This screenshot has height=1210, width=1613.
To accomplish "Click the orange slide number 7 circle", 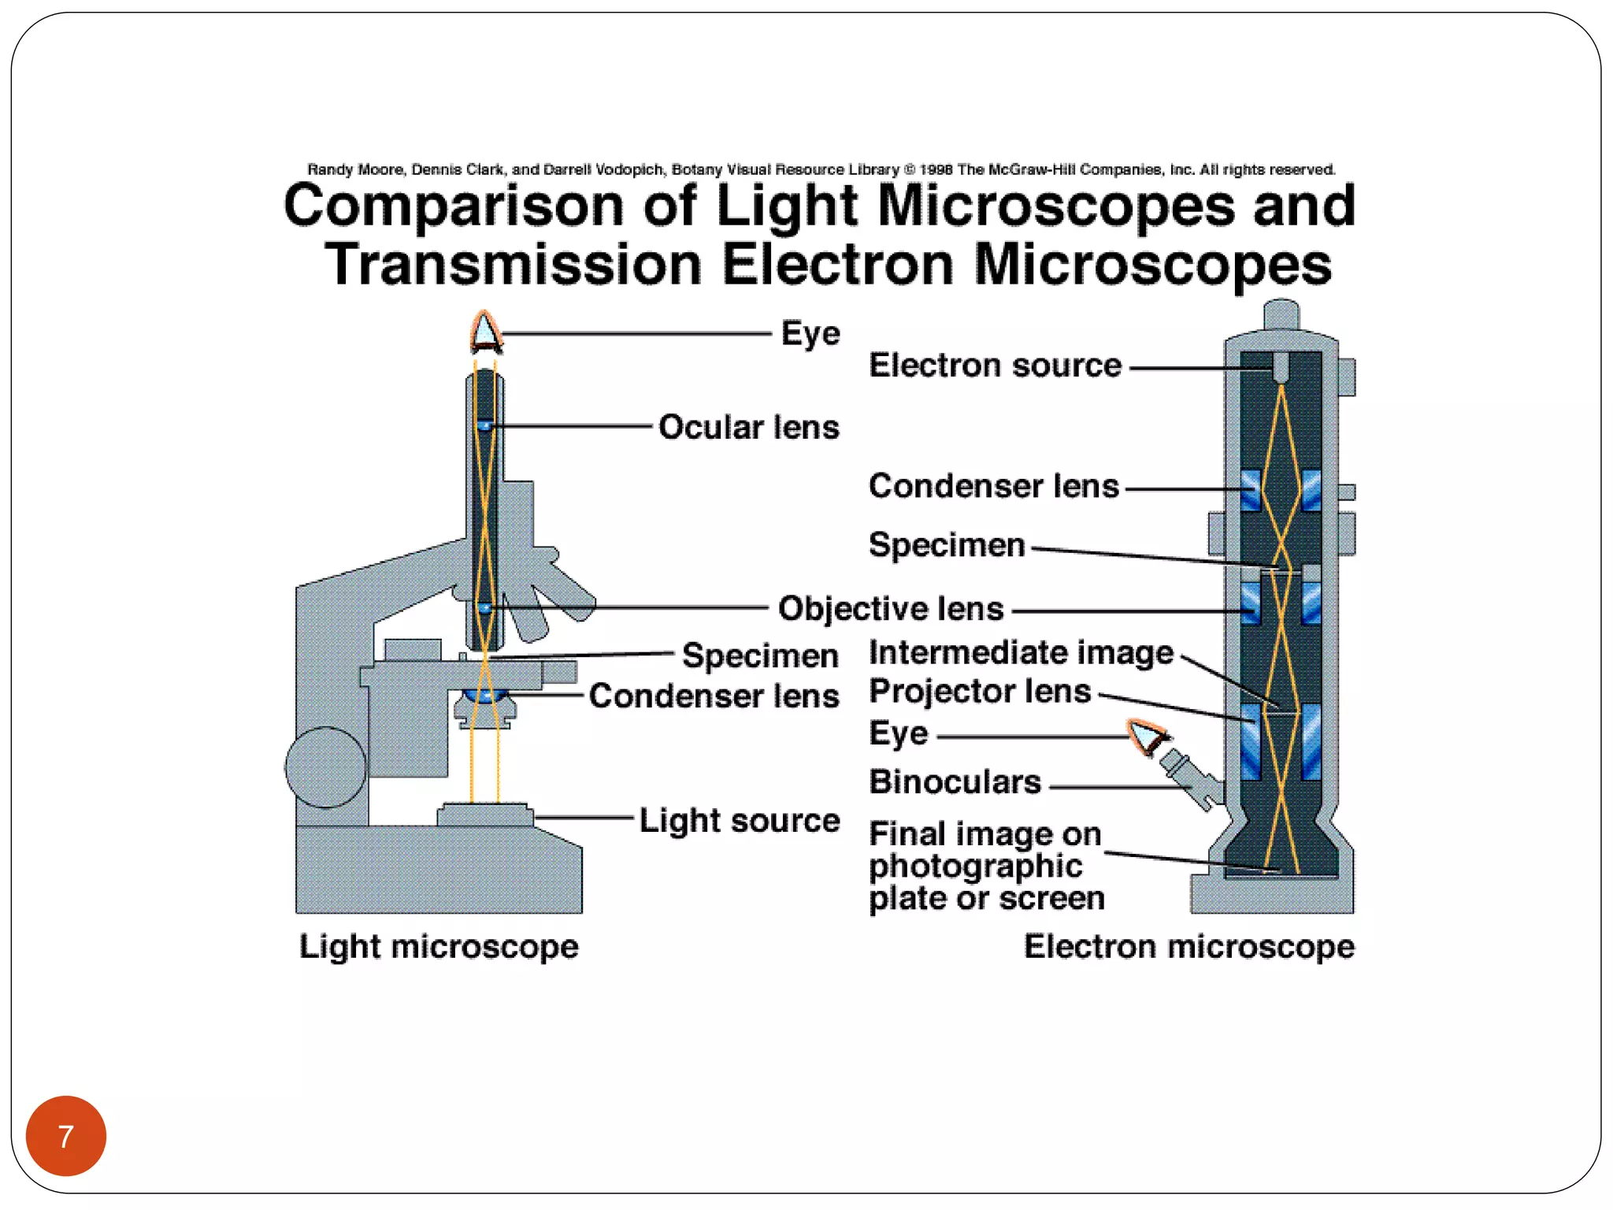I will point(66,1135).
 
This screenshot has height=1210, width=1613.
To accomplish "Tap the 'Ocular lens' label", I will point(748,427).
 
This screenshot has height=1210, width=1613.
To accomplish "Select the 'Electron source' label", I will point(995,366).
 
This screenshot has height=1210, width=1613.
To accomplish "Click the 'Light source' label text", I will point(739,820).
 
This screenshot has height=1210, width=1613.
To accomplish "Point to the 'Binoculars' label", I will point(955,782).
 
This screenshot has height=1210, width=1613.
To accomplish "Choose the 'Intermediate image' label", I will point(1021,652).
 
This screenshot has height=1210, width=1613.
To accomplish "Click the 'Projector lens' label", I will point(980,692).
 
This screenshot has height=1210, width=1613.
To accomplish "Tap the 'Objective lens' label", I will point(891,609).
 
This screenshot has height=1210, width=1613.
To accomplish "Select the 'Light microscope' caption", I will point(439,946).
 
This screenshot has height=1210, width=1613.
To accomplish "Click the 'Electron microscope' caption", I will point(1188,946).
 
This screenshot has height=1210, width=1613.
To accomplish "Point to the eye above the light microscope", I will point(485,332).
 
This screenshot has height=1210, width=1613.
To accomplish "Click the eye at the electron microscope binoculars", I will point(1148,737).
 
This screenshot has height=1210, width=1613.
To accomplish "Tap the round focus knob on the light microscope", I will point(325,767).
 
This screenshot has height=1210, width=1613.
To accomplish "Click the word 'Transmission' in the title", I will point(513,265).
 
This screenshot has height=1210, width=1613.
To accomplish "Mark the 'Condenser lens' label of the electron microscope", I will point(993,486).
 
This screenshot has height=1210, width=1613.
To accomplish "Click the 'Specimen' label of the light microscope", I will point(759,655).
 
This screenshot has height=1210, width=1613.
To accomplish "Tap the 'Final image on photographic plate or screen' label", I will point(986,866).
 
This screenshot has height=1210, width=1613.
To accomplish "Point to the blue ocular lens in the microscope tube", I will point(484,425).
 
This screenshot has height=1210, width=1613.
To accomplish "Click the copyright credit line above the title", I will point(821,169).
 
